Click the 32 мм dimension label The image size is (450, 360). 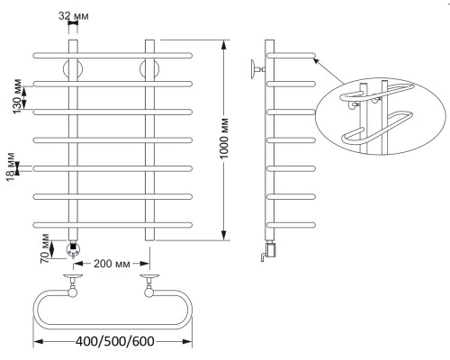tap(74, 16)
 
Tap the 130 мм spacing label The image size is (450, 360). tap(17, 96)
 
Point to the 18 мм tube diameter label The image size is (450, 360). tap(11, 167)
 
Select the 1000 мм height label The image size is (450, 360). tap(224, 139)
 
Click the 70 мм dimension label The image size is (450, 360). tap(45, 248)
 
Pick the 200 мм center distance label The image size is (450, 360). tap(112, 264)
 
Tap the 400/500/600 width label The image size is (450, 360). tap(115, 341)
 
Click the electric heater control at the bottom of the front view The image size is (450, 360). tap(73, 249)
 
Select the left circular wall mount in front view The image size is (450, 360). tap(73, 69)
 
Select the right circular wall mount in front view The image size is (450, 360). tap(149, 69)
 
